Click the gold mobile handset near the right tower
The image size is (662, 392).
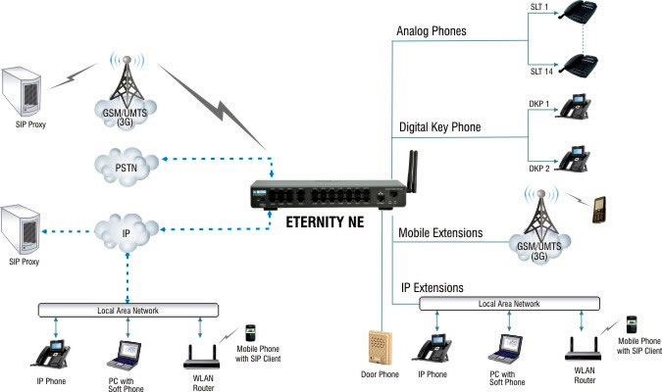[x=597, y=211]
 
